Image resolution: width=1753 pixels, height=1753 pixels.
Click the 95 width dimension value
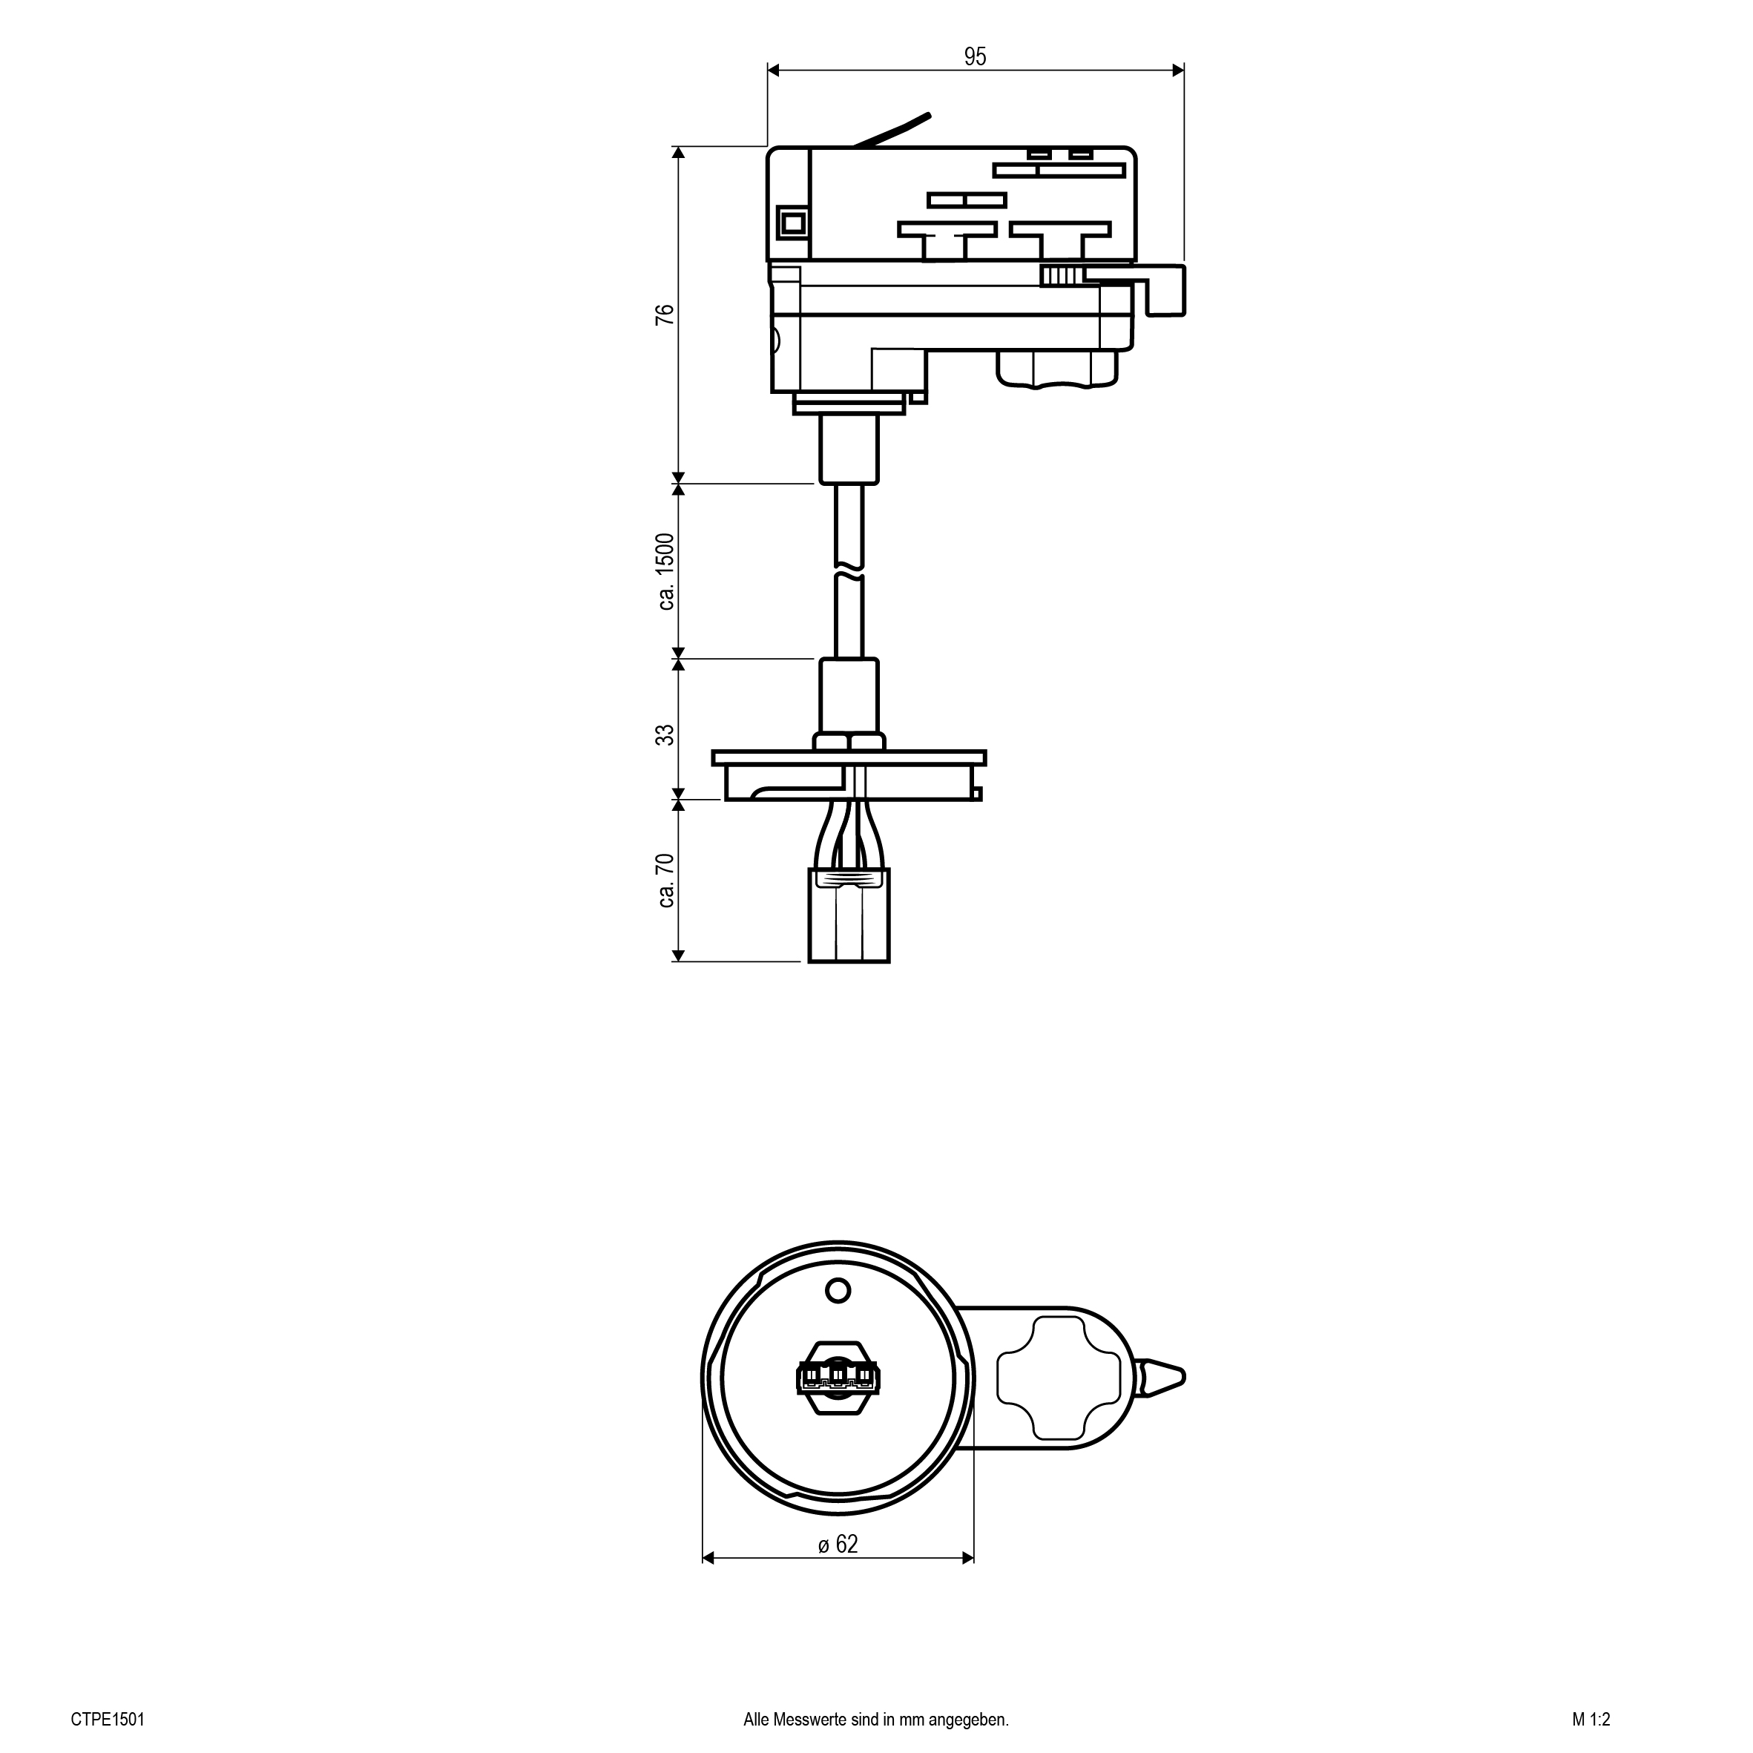976,56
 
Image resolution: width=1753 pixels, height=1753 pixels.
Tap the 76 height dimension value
666,315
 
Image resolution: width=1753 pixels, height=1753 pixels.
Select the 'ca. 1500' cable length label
666,572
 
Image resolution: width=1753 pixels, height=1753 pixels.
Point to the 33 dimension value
666,734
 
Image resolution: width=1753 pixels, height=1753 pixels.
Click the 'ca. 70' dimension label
666,880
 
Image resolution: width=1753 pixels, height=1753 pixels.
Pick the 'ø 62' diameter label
838,1543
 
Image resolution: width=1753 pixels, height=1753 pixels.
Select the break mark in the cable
849,573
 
